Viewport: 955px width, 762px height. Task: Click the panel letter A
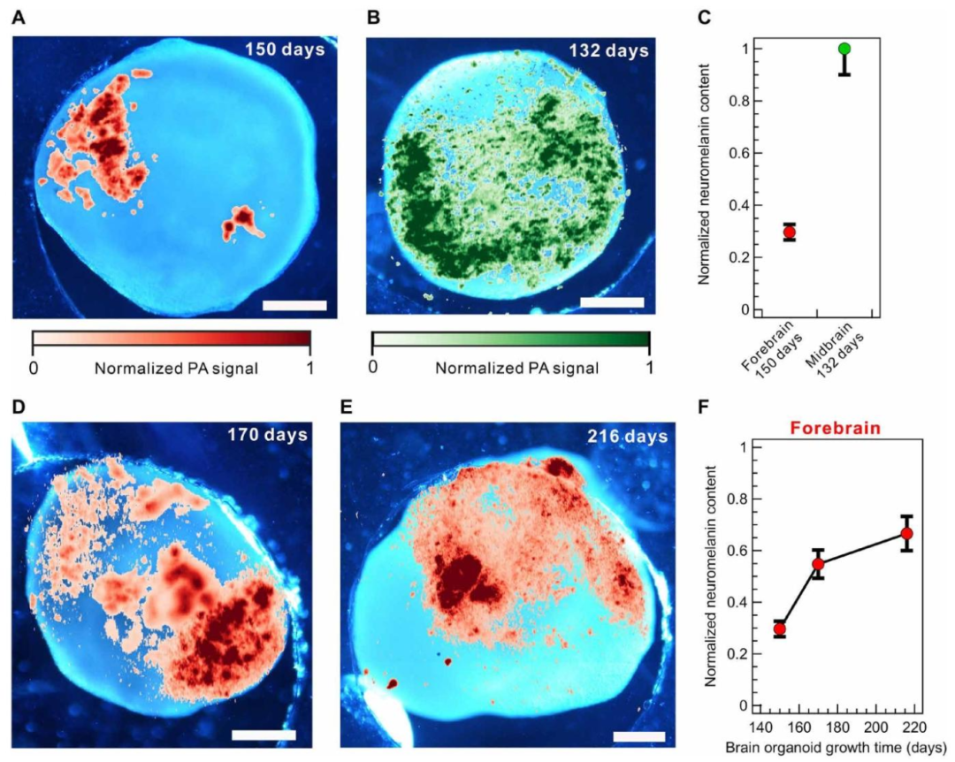[19, 18]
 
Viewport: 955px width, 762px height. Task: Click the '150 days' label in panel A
[285, 50]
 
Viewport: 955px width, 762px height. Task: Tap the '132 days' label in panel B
[609, 50]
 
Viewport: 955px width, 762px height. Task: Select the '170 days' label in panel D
[268, 434]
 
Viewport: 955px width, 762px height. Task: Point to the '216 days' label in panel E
[628, 436]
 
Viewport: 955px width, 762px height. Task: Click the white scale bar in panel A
[294, 305]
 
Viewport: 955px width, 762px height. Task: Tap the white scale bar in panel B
[612, 302]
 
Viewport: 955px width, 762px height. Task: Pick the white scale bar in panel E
[639, 737]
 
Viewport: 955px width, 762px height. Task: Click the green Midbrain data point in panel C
[844, 49]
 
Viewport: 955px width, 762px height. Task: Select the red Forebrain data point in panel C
[790, 232]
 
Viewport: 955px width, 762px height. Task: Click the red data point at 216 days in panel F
[907, 534]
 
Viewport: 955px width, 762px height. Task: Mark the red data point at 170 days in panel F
[818, 564]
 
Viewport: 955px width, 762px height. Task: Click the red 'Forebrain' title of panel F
[835, 428]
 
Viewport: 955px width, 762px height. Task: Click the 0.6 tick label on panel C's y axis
[738, 153]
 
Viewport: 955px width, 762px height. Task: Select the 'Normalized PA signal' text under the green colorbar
[517, 368]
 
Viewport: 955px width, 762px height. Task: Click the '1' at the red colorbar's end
[310, 367]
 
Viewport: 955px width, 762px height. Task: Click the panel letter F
[704, 407]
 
